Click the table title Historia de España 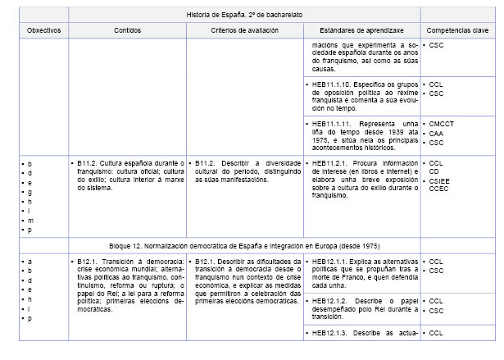[x=244, y=15]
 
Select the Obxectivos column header [x=44, y=30]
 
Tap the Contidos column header [x=128, y=30]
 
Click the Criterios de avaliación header [x=243, y=30]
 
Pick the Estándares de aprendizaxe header [x=361, y=30]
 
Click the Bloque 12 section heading [x=244, y=246]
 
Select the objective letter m [x=30, y=221]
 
